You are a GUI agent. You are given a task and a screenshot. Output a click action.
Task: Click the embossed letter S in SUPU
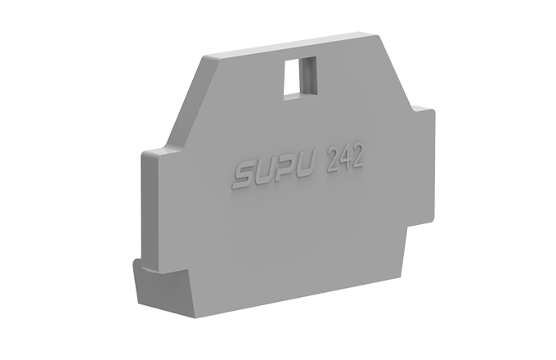pyautogui.click(x=244, y=173)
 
